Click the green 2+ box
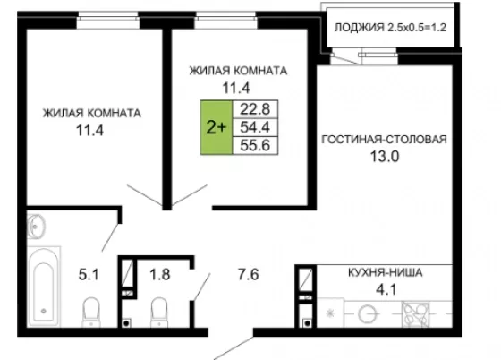click(x=217, y=127)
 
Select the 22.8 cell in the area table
click(x=255, y=109)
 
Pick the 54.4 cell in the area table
click(x=255, y=127)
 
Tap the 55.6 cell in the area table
click(x=255, y=145)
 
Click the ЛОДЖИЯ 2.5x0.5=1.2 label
click(x=390, y=28)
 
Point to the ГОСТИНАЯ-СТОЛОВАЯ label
click(x=384, y=140)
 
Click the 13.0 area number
click(x=385, y=157)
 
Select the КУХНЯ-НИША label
click(x=385, y=273)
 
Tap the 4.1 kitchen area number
click(x=386, y=289)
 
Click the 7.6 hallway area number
click(x=249, y=275)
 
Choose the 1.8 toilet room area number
click(x=160, y=275)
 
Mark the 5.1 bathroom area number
click(x=89, y=275)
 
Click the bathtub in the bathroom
click(x=44, y=287)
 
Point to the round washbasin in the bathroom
click(x=36, y=227)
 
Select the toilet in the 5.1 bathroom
click(x=91, y=312)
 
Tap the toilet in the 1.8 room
click(x=159, y=312)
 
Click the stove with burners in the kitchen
click(x=415, y=314)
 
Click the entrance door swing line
click(x=234, y=347)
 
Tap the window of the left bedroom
click(x=108, y=21)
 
